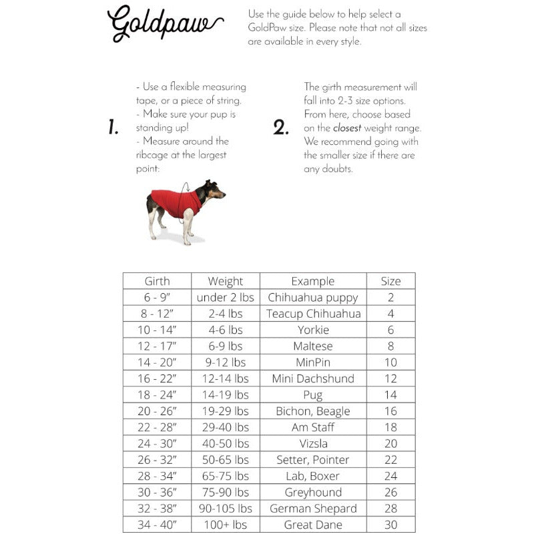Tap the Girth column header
click(157, 281)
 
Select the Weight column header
click(226, 281)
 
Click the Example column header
click(313, 281)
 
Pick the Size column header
click(390, 281)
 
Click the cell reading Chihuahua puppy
click(313, 298)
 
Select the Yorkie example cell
click(313, 330)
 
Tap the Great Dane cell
click(313, 525)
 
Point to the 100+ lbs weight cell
click(226, 525)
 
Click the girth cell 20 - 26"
click(157, 411)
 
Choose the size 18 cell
click(390, 427)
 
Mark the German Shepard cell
click(313, 509)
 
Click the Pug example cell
click(313, 395)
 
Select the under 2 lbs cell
click(226, 298)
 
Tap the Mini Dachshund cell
click(313, 378)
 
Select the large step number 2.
click(281, 127)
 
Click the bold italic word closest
click(347, 128)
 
